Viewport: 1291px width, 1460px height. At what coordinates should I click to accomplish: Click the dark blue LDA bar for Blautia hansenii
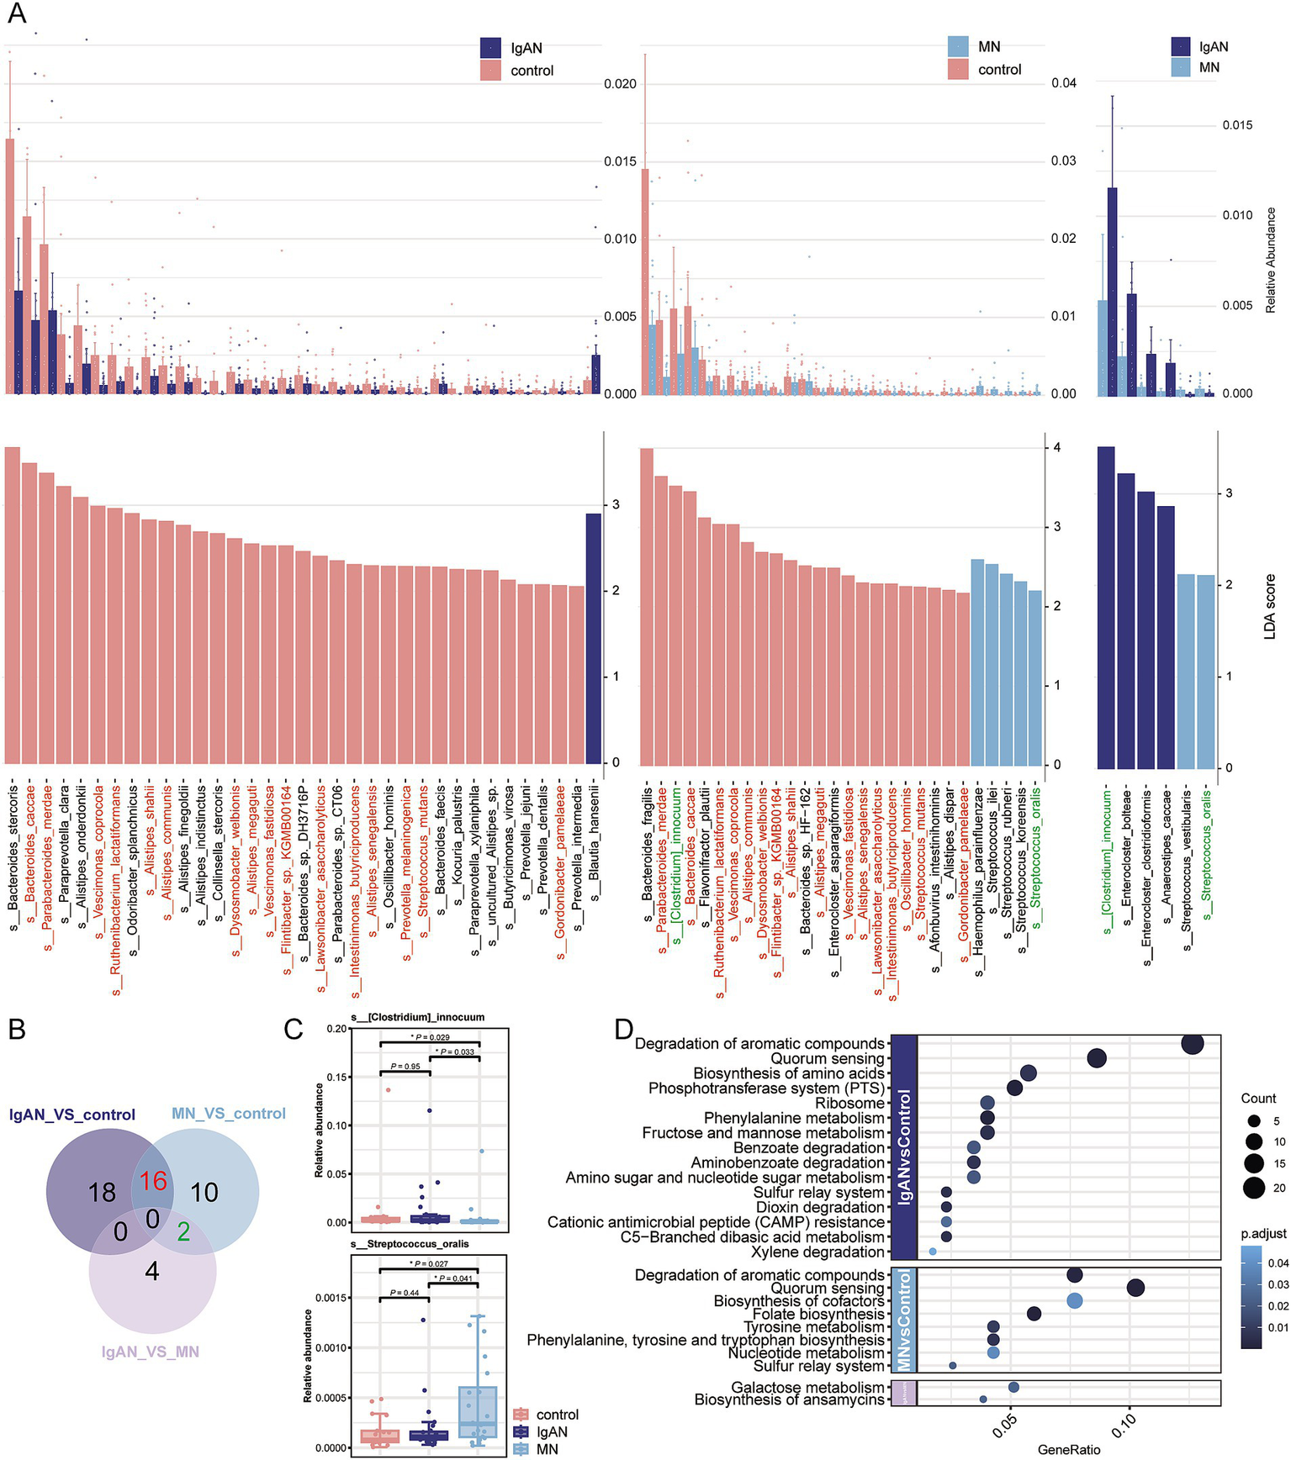coord(594,639)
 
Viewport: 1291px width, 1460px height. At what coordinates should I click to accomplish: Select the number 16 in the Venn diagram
coord(153,1181)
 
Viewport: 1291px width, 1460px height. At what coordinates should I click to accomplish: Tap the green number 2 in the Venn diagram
coord(183,1232)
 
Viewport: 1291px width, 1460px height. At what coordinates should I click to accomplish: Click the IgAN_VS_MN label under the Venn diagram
coord(150,1352)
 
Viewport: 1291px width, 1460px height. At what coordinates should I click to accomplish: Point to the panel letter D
coord(624,1029)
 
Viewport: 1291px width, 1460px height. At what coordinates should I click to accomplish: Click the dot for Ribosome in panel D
coord(987,1103)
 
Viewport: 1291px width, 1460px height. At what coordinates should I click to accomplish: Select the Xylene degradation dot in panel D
coord(933,1252)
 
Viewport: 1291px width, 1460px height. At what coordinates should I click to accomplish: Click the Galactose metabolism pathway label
coord(807,1387)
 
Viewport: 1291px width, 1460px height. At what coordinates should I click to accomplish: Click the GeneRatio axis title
coord(1068,1449)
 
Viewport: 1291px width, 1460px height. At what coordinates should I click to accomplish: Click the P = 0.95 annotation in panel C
coord(405,1066)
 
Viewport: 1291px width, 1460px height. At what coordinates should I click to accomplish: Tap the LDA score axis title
coord(1270,606)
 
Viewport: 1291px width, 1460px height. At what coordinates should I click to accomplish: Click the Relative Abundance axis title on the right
coord(1270,261)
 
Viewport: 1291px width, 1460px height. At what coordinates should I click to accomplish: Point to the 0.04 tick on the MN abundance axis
coord(1063,83)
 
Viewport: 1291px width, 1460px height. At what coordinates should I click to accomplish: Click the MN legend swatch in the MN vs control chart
coord(958,45)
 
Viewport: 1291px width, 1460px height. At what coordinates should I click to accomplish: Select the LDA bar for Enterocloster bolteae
coord(1126,621)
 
